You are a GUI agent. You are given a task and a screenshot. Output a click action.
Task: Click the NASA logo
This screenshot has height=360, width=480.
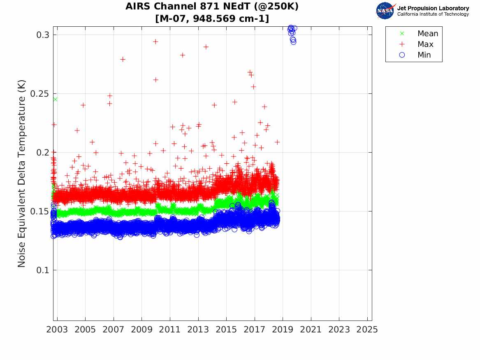(x=385, y=11)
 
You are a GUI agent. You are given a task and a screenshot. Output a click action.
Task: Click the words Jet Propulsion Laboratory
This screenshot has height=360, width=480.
(x=433, y=8)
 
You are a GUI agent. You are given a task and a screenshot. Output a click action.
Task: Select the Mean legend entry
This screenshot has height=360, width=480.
(x=428, y=34)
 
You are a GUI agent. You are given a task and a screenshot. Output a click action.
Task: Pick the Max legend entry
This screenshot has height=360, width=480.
(x=425, y=44)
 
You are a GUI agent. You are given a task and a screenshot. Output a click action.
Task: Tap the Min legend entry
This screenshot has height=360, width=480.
(x=424, y=55)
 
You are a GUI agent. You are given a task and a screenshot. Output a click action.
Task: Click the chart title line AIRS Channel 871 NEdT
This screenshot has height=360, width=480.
(x=212, y=7)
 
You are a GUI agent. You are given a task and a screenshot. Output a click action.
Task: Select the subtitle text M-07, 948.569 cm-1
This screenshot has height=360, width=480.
(x=212, y=19)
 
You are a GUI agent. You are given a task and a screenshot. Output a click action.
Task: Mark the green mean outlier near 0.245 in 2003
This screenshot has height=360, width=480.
(x=55, y=99)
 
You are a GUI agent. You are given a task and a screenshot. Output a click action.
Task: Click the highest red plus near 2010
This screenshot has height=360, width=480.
(x=155, y=42)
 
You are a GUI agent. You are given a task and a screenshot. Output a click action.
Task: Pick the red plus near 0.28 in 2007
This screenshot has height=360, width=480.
(x=123, y=59)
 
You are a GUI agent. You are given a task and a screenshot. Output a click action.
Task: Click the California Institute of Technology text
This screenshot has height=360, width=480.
(x=433, y=14)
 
